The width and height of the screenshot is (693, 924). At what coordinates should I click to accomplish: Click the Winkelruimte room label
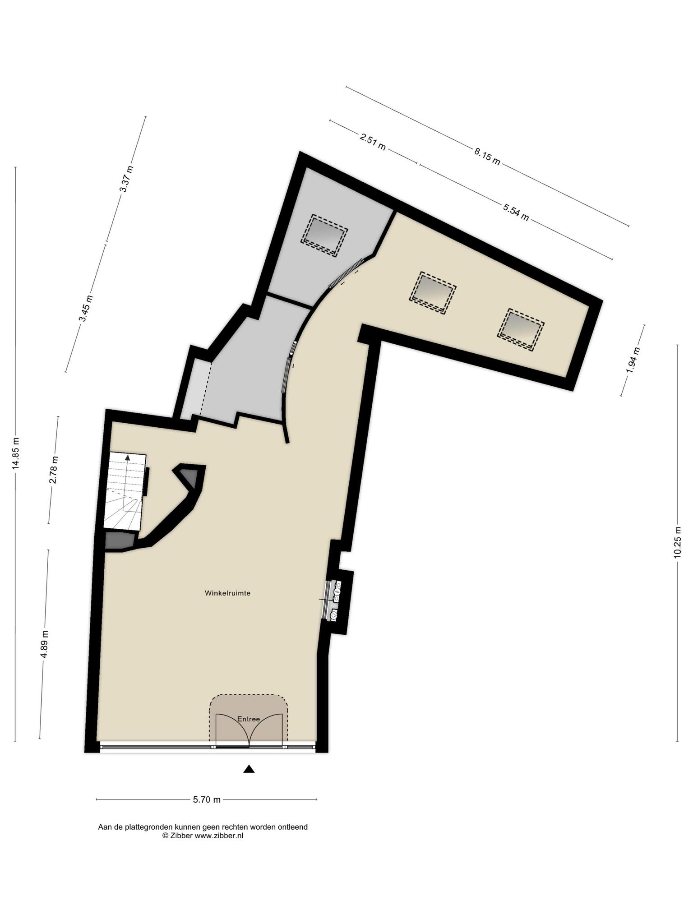coord(227,593)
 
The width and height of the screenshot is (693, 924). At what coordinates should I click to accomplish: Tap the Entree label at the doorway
coord(249,719)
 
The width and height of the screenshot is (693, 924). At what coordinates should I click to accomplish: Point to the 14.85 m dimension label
coord(16,453)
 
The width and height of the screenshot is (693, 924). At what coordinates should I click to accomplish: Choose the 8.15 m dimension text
coord(487,157)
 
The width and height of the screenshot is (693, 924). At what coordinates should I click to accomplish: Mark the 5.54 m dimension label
coord(516,213)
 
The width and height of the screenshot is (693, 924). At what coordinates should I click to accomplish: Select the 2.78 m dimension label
coord(54,470)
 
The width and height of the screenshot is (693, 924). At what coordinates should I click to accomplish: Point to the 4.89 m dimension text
coord(45,644)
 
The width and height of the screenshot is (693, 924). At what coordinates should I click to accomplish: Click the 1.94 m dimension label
coord(633,360)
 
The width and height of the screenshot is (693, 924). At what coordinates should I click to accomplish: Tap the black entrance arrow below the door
coord(249,769)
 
